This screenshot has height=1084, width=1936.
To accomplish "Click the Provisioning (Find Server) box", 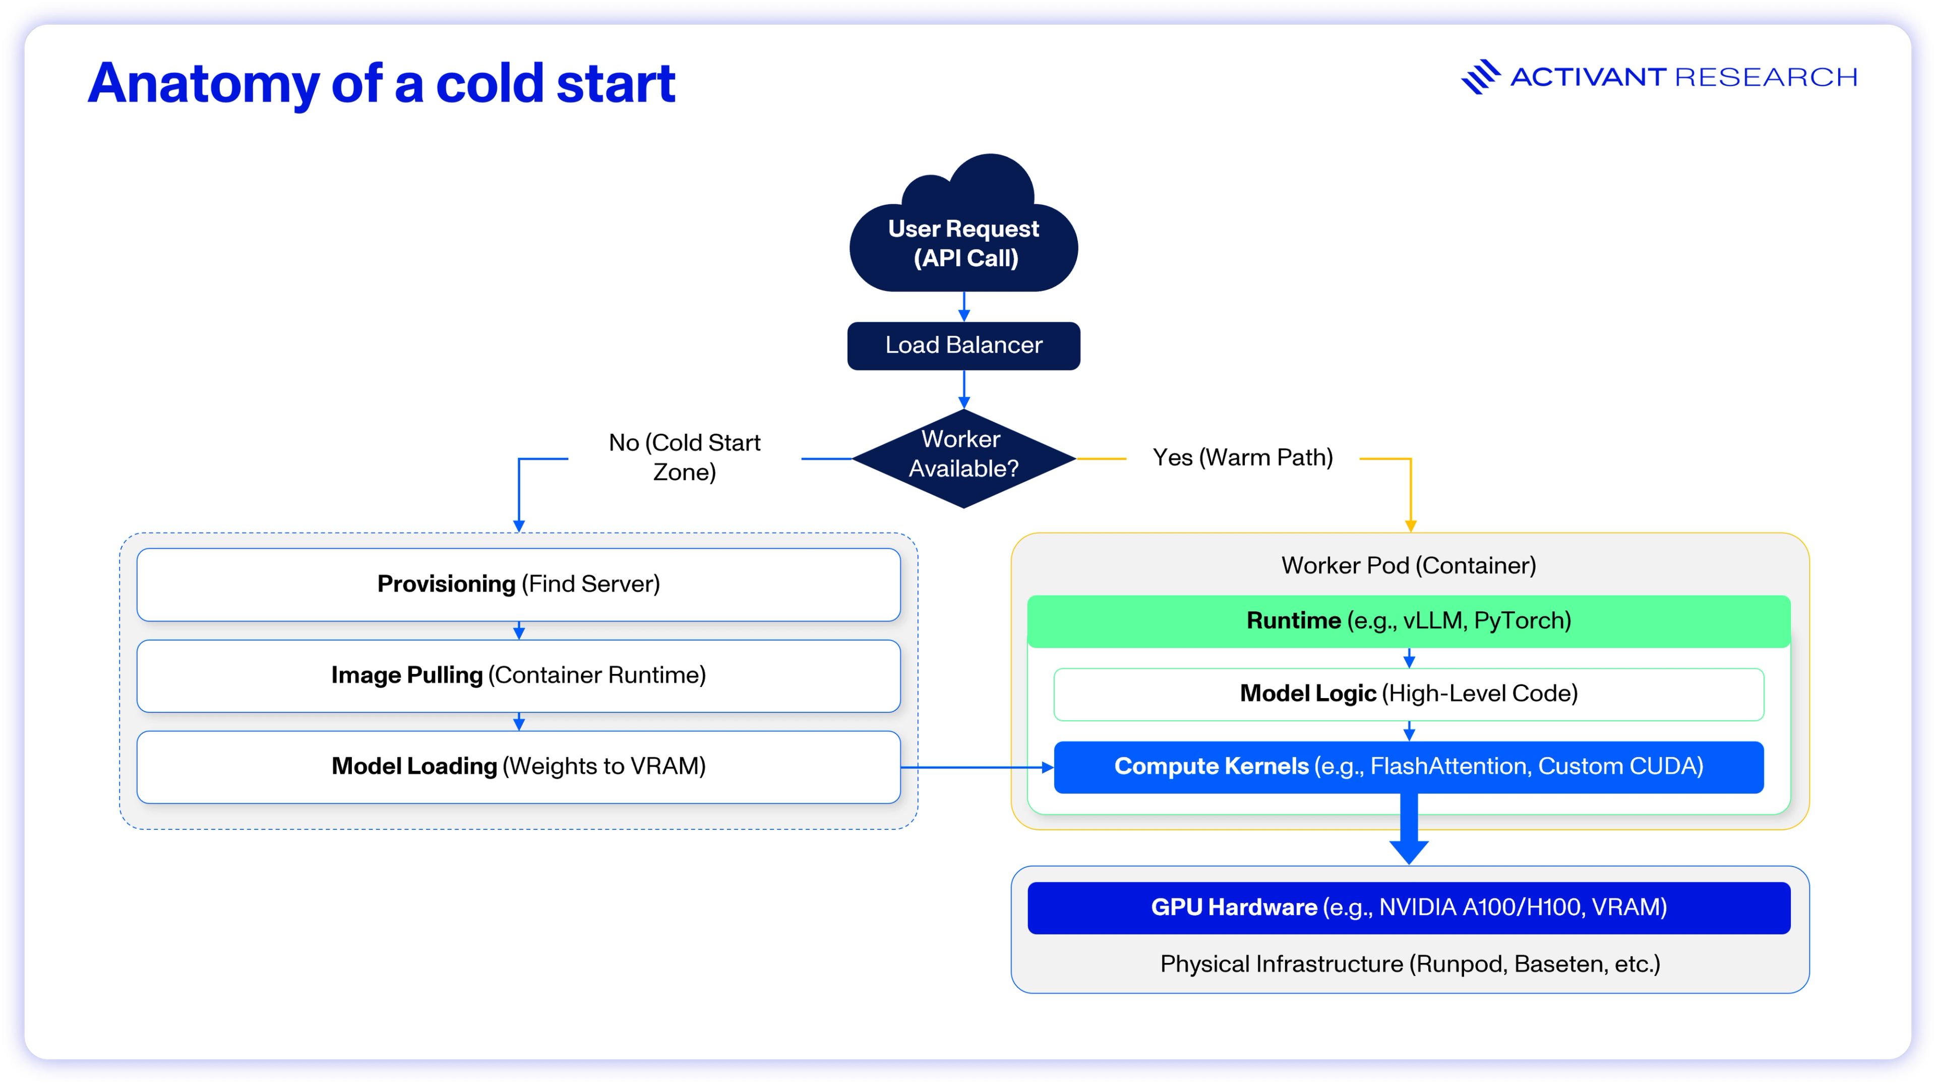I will (x=519, y=584).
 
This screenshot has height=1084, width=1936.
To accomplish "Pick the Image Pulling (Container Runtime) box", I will (x=519, y=675).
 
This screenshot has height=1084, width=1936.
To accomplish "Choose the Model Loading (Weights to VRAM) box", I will (x=519, y=766).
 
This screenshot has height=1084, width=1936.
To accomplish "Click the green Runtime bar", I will (x=1409, y=621).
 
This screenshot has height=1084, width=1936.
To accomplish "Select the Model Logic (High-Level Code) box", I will (x=1409, y=693).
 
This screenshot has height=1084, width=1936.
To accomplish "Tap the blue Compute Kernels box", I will (x=1409, y=767).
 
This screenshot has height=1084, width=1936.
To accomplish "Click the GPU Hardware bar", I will (x=1409, y=907).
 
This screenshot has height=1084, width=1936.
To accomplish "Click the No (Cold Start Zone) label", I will (x=684, y=457).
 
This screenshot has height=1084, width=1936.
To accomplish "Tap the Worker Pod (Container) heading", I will (x=1409, y=565).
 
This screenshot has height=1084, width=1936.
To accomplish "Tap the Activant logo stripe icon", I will (x=1479, y=77).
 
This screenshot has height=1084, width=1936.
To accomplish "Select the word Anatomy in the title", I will (x=203, y=84).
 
